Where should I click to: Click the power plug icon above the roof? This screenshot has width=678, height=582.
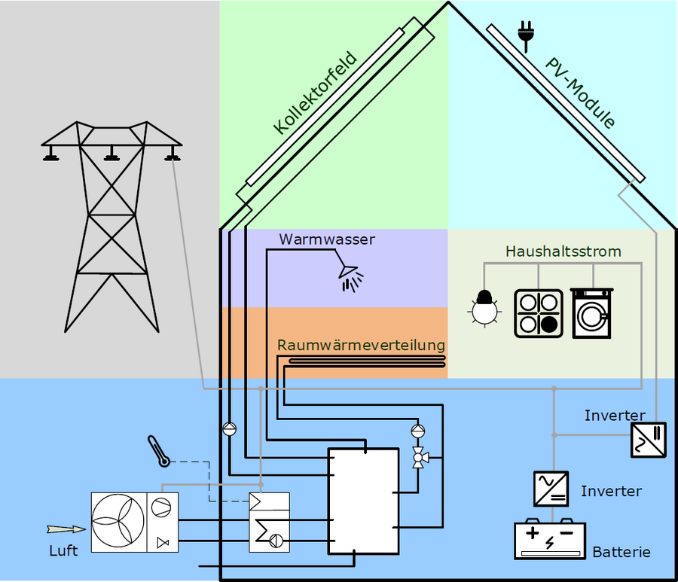pyautogui.click(x=525, y=31)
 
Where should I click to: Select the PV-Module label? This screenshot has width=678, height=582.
pyautogui.click(x=581, y=91)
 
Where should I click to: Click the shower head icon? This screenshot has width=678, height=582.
pyautogui.click(x=350, y=276)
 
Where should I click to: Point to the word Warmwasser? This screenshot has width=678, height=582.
pyautogui.click(x=327, y=239)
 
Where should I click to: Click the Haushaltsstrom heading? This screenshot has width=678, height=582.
pyautogui.click(x=563, y=251)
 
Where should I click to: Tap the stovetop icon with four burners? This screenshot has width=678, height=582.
pyautogui.click(x=539, y=312)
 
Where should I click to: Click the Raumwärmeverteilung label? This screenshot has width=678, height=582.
pyautogui.click(x=361, y=345)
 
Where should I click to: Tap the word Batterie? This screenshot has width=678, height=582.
pyautogui.click(x=621, y=552)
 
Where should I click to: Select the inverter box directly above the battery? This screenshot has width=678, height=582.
pyautogui.click(x=550, y=488)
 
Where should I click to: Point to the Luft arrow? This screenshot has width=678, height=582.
pyautogui.click(x=66, y=529)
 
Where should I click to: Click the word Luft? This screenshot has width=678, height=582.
pyautogui.click(x=63, y=550)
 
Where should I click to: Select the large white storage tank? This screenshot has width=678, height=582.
pyautogui.click(x=363, y=501)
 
